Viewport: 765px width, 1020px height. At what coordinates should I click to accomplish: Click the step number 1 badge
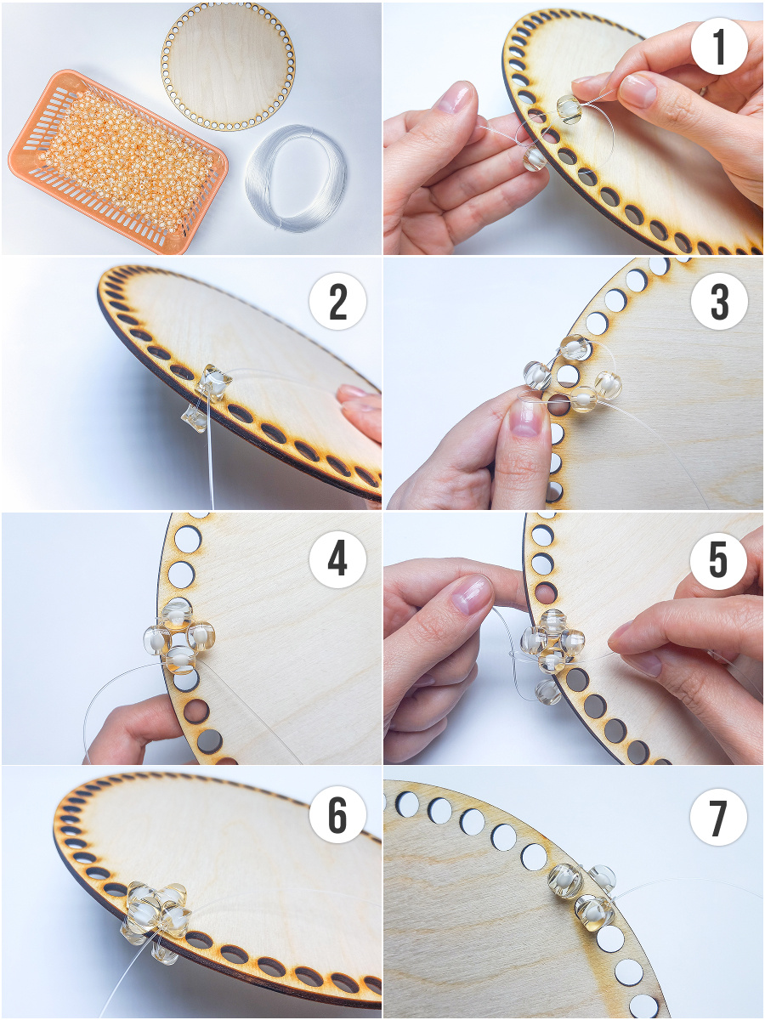click(x=719, y=46)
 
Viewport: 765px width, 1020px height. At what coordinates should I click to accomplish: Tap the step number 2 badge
click(x=337, y=301)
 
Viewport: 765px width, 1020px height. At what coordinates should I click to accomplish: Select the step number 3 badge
click(x=719, y=301)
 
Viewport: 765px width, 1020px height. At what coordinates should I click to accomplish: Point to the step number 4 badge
click(x=337, y=559)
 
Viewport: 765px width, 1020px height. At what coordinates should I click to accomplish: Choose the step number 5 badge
click(x=718, y=560)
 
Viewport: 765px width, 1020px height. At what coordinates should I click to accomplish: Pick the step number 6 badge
click(x=337, y=817)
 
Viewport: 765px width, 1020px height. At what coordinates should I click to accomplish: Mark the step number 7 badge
click(x=718, y=817)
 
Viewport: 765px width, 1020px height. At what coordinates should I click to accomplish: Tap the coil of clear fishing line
click(x=296, y=178)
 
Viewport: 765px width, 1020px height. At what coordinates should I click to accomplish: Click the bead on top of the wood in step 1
click(x=569, y=109)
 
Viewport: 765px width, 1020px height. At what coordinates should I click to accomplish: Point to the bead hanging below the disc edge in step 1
click(x=535, y=160)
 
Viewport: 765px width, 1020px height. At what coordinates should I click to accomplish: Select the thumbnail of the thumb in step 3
click(x=524, y=417)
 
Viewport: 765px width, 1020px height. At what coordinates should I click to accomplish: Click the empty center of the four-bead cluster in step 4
click(x=179, y=636)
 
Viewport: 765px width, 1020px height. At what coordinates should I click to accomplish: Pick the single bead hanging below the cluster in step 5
click(x=548, y=691)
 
